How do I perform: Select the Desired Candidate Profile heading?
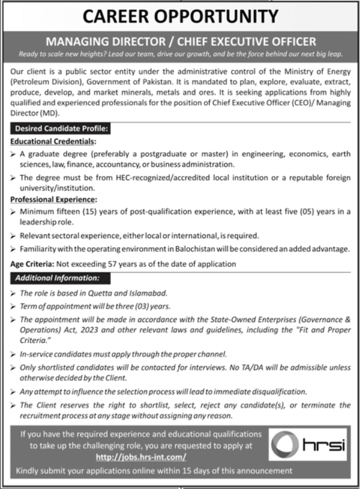(x=60, y=129)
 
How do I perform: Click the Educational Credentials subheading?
(x=53, y=141)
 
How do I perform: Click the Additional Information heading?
(x=57, y=278)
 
